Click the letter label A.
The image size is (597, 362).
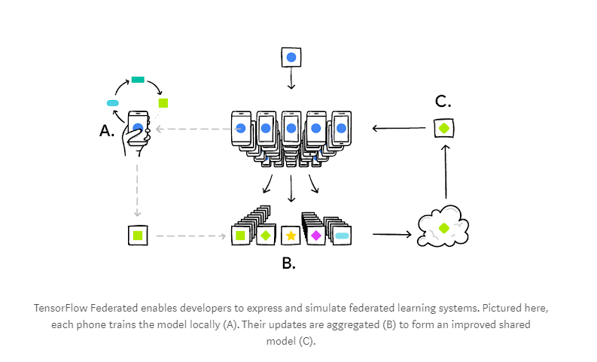tap(107, 131)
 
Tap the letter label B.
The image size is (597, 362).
tap(288, 263)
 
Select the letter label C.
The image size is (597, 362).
tap(443, 102)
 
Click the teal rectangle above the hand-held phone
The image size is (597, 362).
tap(138, 79)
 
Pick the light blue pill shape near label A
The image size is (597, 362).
tap(114, 103)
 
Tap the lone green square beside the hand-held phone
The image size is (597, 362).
tap(163, 102)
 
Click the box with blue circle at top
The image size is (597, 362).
tap(291, 57)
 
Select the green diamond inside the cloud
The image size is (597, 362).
tap(443, 227)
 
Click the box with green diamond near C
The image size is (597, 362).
tap(443, 128)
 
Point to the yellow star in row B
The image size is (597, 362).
tap(291, 236)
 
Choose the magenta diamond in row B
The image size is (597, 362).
tap(316, 236)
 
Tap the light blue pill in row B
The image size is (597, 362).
tap(342, 236)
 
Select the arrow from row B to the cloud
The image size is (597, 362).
tap(391, 235)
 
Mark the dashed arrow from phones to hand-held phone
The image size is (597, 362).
tap(192, 129)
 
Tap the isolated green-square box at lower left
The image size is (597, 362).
tap(138, 236)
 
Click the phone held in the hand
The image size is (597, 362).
tap(138, 128)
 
